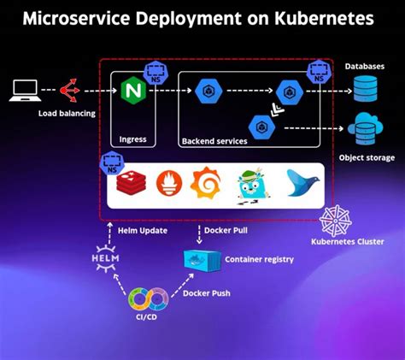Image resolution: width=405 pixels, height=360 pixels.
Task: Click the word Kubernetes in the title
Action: (320, 18)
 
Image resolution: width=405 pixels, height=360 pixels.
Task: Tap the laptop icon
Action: (24, 88)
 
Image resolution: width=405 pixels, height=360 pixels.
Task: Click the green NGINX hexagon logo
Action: (132, 90)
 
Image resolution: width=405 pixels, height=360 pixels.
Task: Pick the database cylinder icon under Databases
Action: (364, 87)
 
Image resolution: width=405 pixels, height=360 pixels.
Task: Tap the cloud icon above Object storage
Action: (364, 128)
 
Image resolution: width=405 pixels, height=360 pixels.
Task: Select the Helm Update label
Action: (143, 230)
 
